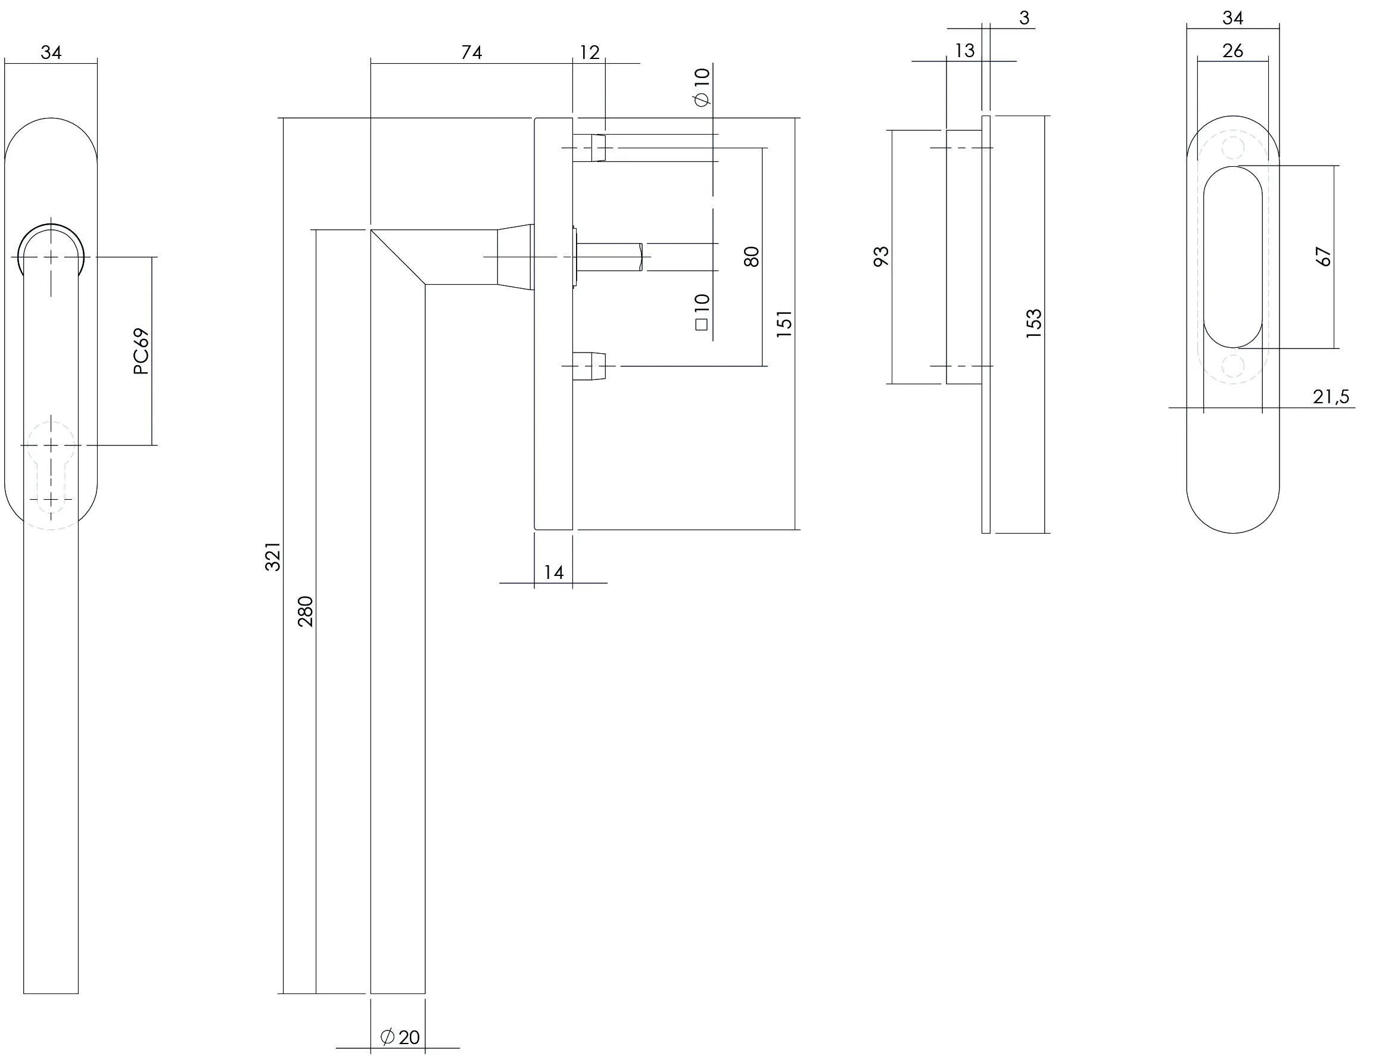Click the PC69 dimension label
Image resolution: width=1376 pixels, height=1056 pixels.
click(x=142, y=351)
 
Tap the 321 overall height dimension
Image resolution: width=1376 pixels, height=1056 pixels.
click(x=273, y=556)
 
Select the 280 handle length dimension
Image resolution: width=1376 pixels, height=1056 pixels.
click(x=305, y=612)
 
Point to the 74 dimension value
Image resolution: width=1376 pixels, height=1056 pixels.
click(x=471, y=52)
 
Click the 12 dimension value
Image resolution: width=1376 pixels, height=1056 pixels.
click(x=589, y=52)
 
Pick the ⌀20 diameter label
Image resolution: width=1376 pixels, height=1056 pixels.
click(x=400, y=1037)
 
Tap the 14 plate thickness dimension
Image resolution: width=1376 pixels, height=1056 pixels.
click(x=554, y=572)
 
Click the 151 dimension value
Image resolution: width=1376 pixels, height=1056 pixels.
click(x=784, y=325)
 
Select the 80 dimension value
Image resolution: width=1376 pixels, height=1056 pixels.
click(x=752, y=257)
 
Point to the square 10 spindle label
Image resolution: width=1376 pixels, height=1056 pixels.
click(x=702, y=311)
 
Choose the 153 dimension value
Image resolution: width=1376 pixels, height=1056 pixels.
click(x=1034, y=325)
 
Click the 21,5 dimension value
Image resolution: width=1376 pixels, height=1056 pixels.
click(x=1331, y=397)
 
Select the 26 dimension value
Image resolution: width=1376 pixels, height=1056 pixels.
click(x=1232, y=50)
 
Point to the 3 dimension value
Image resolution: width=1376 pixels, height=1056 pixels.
click(x=1025, y=18)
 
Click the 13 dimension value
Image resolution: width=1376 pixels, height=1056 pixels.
click(x=964, y=50)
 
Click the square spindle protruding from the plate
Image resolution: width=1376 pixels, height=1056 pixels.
click(x=609, y=257)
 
